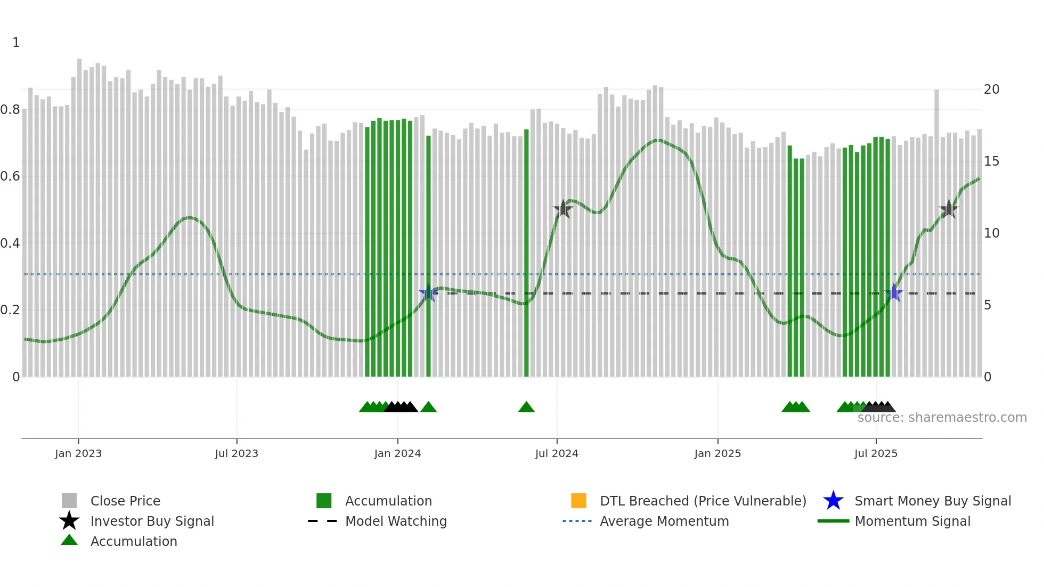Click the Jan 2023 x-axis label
(78, 453)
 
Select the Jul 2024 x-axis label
(557, 453)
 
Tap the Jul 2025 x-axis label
(876, 453)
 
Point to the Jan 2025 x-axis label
(717, 453)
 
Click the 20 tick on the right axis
(991, 89)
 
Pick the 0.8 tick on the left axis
(10, 110)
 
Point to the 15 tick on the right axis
(991, 161)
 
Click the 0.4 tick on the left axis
(10, 243)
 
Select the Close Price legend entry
(125, 501)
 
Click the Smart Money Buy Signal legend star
(833, 501)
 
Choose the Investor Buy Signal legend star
(69, 521)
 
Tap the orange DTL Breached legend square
(578, 501)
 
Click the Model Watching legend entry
(396, 521)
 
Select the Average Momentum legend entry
(664, 521)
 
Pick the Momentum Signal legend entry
(912, 521)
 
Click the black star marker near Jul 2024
(563, 209)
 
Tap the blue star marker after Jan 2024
(428, 293)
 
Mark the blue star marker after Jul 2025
(894, 293)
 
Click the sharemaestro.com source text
(942, 418)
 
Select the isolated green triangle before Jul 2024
(526, 407)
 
